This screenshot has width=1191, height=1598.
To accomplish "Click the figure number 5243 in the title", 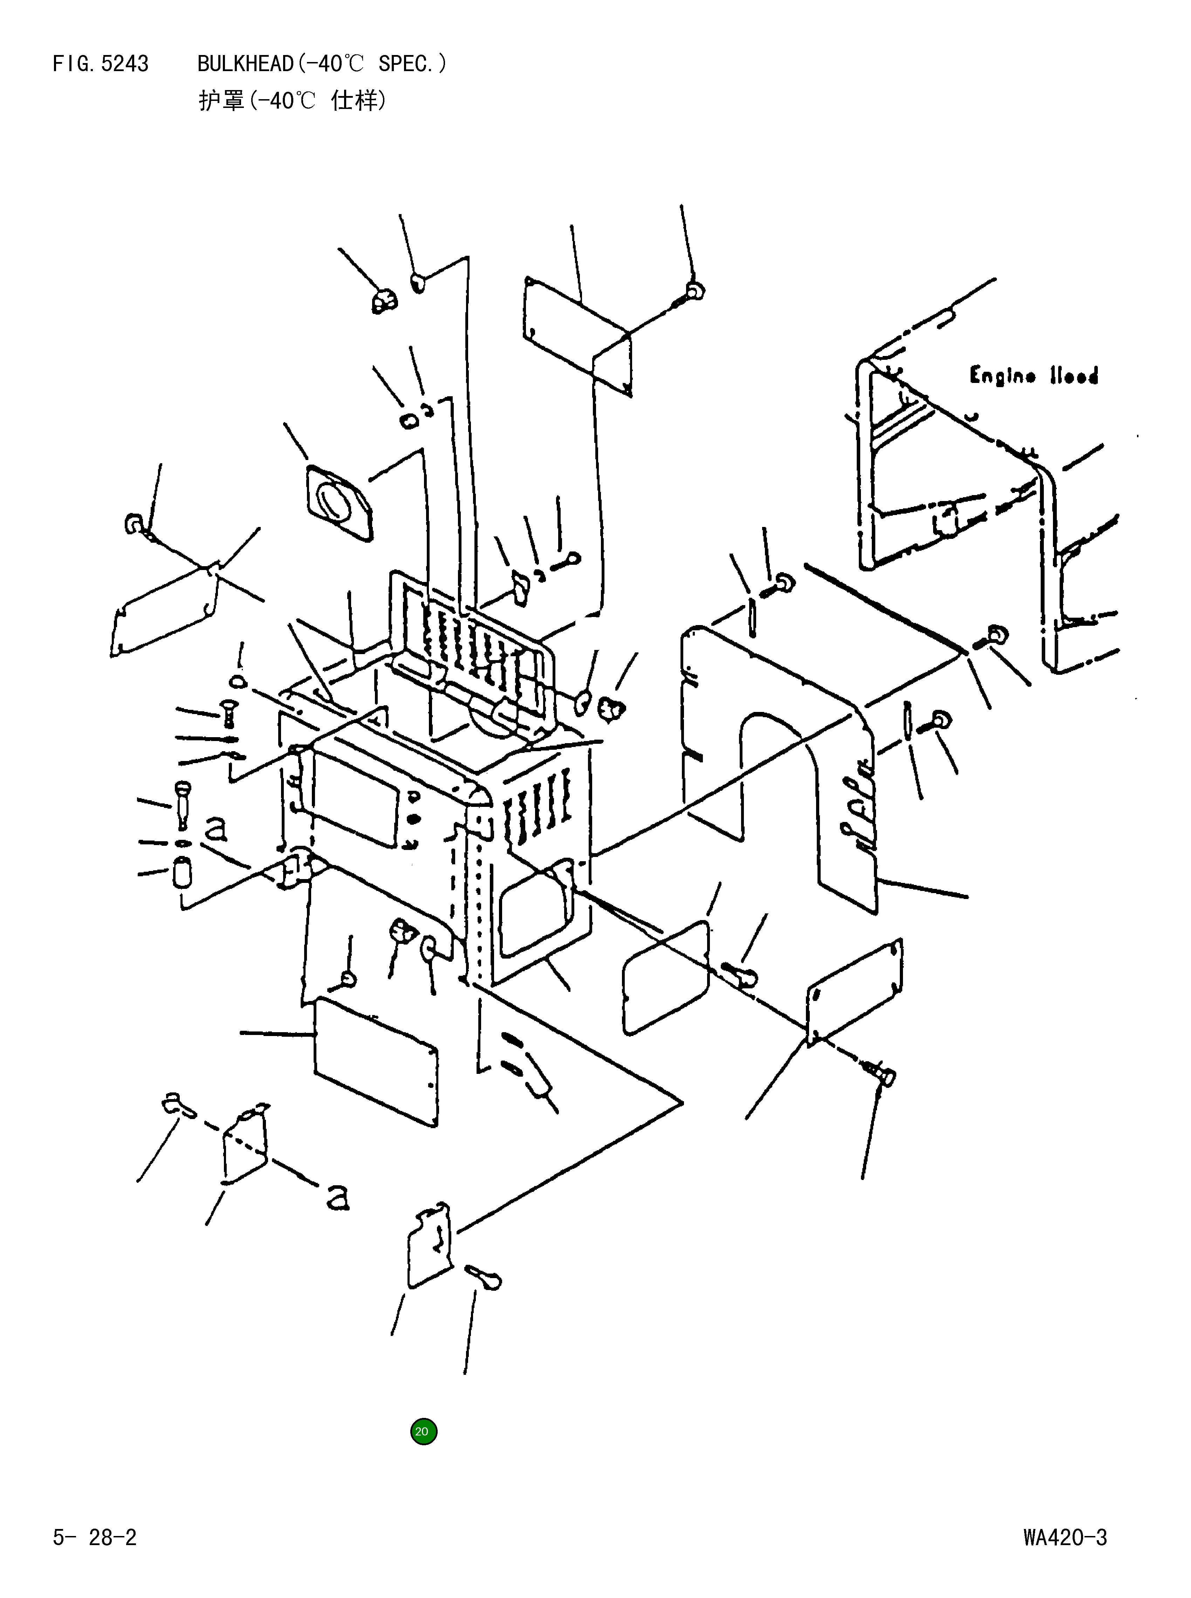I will point(125,64).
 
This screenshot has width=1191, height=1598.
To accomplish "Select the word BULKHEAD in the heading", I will point(245,64).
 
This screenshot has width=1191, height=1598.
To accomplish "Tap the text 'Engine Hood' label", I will point(1033,376).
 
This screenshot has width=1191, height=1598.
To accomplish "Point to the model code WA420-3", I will point(1064,1537).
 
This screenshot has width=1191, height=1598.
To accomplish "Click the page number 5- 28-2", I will point(95,1537).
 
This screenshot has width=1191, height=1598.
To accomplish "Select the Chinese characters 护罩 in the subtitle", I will point(221,100).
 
